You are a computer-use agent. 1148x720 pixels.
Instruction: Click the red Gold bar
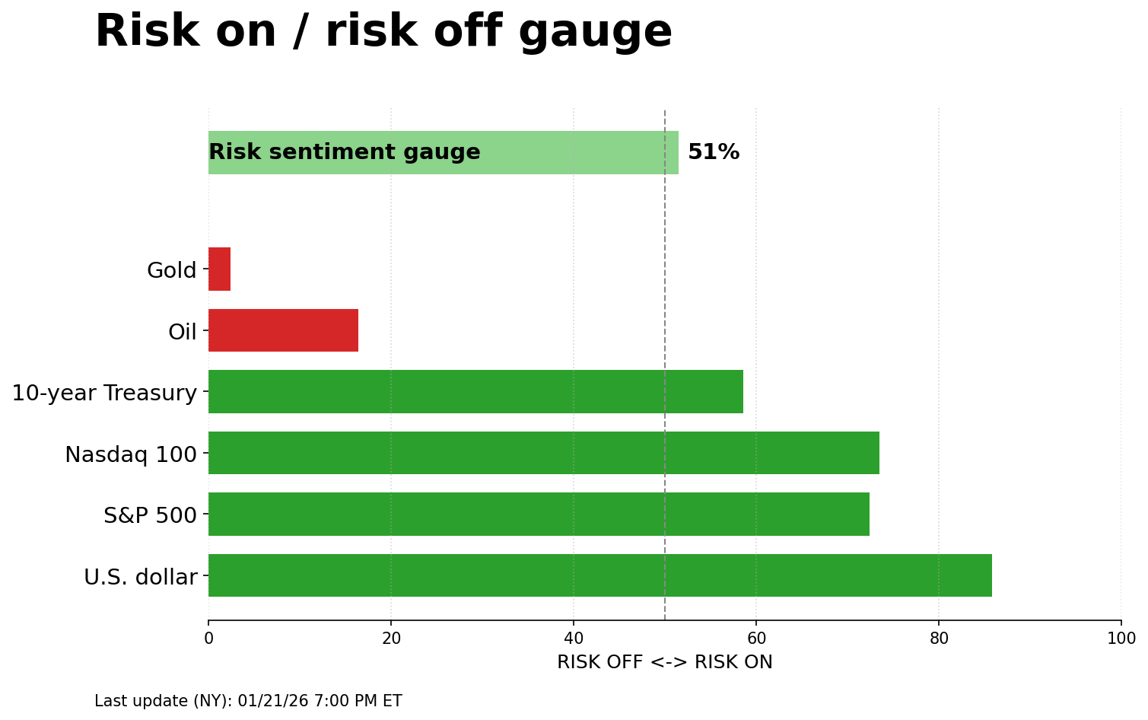coord(219,269)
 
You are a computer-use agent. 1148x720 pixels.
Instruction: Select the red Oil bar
coord(283,330)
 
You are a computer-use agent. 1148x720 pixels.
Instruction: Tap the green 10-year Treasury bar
coord(475,392)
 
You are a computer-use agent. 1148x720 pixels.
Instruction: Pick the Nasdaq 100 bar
coord(543,453)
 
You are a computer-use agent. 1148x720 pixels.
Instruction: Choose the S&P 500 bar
coord(539,515)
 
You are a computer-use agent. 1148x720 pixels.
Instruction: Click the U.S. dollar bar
coord(599,575)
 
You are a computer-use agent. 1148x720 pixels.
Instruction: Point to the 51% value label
coord(713,152)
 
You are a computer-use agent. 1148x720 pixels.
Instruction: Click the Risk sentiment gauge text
coord(344,152)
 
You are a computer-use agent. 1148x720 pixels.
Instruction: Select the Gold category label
coord(171,270)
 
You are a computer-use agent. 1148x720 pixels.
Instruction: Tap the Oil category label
coord(182,332)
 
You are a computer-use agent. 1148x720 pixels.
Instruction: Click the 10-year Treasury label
coord(104,393)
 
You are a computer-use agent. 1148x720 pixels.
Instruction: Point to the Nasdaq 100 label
coord(130,454)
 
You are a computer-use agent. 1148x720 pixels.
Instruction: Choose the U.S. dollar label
coord(140,577)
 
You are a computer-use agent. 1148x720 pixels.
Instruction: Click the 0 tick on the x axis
coord(208,639)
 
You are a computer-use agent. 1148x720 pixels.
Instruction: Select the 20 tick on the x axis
coord(391,639)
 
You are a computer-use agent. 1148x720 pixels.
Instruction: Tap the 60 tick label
coord(756,639)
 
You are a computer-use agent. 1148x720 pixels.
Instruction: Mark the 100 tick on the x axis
coord(1121,639)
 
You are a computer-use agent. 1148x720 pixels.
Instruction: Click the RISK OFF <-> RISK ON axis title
coord(664,662)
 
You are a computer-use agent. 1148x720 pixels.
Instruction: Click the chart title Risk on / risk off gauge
coord(383,32)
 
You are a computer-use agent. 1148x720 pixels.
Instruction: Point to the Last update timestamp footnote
coord(248,701)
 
